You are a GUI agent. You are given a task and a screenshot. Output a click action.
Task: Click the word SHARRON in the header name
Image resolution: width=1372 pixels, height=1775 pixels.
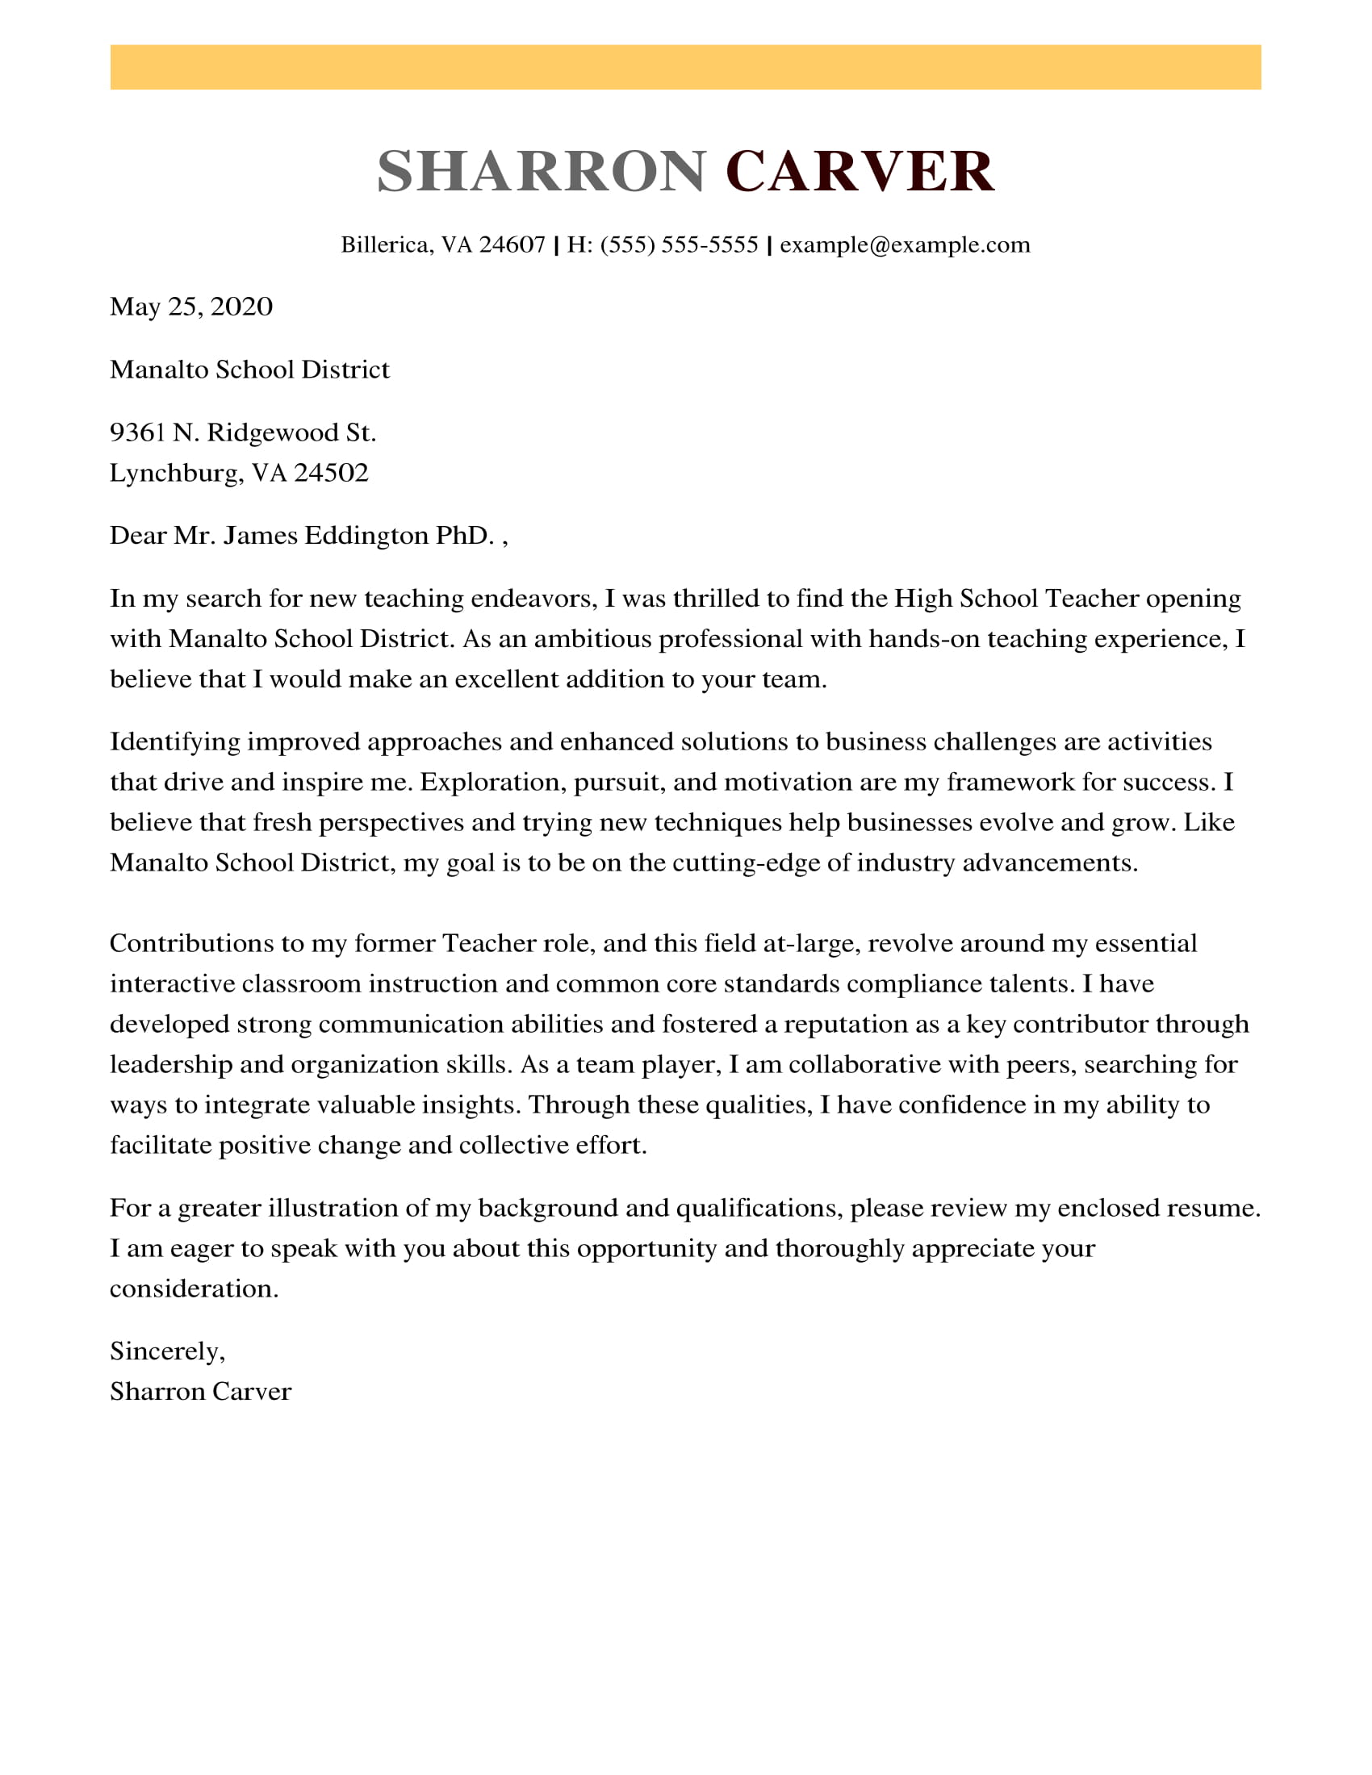[x=542, y=172]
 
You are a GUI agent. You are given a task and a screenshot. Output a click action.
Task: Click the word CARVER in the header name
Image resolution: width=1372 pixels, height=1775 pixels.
[x=860, y=172]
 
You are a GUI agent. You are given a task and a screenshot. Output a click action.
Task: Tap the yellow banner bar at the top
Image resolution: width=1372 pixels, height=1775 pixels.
[x=685, y=68]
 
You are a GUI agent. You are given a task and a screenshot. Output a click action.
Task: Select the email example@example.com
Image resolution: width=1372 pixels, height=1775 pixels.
[x=905, y=244]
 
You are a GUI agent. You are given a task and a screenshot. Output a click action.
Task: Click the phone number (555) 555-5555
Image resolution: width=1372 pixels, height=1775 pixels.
[x=679, y=244]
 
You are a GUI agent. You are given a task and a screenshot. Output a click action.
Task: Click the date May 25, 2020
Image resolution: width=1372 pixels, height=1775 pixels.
[x=191, y=307]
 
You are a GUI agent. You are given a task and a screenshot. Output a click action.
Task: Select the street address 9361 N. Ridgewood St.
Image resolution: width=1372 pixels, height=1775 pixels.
[x=243, y=432]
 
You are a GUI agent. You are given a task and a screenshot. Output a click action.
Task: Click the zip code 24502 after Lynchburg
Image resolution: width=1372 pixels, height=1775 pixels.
[x=331, y=473]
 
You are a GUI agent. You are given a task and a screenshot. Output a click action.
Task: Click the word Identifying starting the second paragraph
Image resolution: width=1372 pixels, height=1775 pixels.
[x=175, y=742]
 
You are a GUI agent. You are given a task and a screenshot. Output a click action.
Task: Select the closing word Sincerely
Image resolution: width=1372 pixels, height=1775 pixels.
[x=166, y=1351]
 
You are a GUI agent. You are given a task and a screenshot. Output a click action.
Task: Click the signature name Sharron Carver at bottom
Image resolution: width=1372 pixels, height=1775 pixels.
[x=200, y=1393]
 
